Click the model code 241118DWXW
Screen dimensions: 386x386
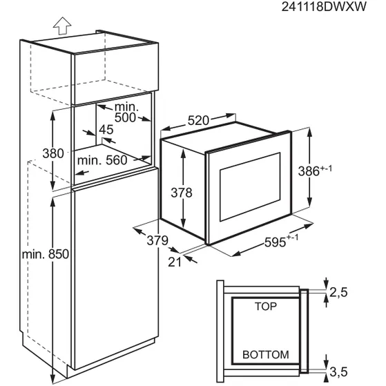324,6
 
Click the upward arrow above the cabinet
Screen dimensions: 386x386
62,26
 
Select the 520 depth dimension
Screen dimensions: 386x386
198,120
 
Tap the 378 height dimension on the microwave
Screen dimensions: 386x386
182,193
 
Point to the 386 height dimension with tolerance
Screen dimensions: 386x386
315,171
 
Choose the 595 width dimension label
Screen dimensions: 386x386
281,241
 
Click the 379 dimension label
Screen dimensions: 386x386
157,240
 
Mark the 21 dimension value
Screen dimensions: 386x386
175,262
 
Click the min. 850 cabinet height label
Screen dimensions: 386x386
46,254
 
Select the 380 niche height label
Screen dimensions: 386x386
53,153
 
